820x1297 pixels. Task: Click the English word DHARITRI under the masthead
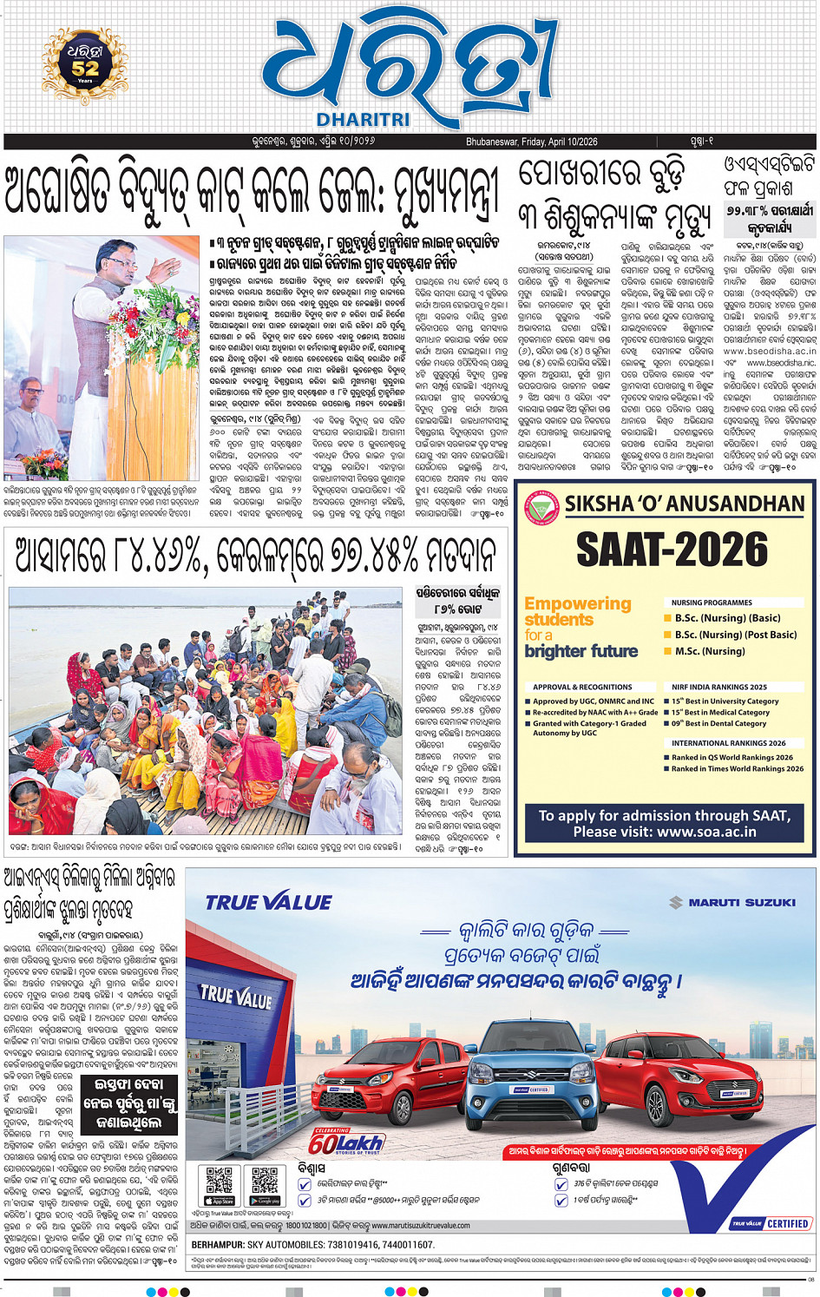tap(363, 119)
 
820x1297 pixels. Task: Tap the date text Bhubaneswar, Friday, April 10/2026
tap(531, 142)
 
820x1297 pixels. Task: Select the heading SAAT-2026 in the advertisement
tap(672, 550)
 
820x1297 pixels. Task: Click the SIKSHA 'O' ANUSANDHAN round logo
tap(542, 508)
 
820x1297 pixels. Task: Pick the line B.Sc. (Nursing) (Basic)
tap(727, 618)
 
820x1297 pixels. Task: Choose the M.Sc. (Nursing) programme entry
tap(710, 651)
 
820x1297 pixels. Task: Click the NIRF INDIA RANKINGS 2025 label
tap(718, 687)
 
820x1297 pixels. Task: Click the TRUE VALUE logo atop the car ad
tap(268, 903)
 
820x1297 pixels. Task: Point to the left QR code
tap(219, 1182)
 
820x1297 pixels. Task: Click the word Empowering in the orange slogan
tap(577, 603)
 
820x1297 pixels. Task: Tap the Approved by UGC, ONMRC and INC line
tap(593, 701)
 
